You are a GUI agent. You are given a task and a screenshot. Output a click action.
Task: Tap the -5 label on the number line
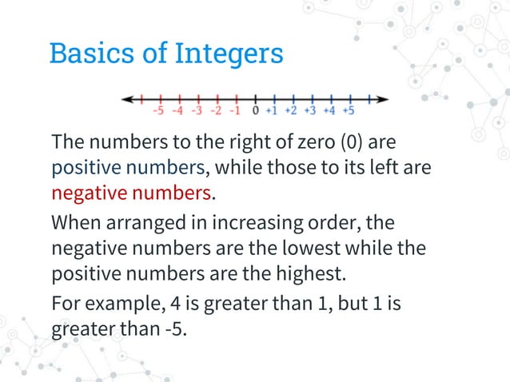click(x=159, y=110)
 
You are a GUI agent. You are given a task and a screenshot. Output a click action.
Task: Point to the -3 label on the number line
click(x=197, y=110)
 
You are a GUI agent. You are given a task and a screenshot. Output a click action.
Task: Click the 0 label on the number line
click(x=255, y=110)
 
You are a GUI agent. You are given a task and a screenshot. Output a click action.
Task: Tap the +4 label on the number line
click(x=329, y=110)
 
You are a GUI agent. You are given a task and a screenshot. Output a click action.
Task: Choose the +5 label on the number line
click(x=348, y=110)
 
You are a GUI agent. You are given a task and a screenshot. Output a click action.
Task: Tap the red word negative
click(x=87, y=193)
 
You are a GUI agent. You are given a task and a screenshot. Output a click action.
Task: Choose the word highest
click(x=307, y=273)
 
